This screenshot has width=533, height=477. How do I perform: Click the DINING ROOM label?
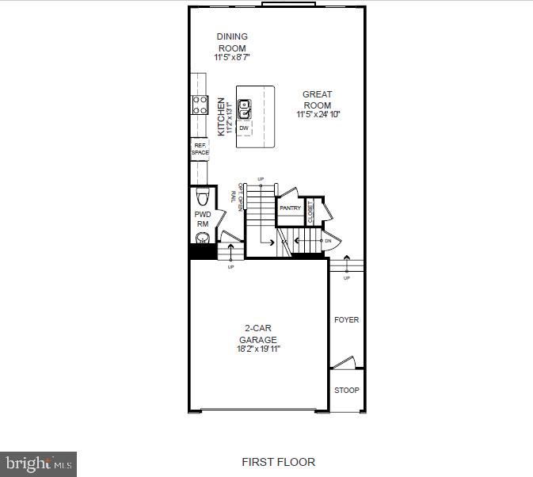click(231, 42)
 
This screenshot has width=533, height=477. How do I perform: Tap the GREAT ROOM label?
click(317, 99)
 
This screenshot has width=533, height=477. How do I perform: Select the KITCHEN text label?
click(222, 116)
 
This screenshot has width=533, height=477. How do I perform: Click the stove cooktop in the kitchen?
click(198, 105)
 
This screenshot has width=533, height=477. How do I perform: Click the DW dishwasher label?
click(243, 127)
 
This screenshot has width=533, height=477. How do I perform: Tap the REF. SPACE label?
click(199, 149)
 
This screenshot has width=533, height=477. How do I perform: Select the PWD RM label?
click(202, 219)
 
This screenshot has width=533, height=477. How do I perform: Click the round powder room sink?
click(201, 238)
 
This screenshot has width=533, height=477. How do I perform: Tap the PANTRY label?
click(290, 208)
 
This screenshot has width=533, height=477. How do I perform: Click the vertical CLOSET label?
click(310, 210)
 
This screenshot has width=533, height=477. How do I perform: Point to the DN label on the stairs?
click(327, 240)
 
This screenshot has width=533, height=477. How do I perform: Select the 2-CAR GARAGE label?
click(258, 334)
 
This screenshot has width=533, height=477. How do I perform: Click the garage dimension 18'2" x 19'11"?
click(258, 349)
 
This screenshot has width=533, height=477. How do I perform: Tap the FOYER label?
click(346, 320)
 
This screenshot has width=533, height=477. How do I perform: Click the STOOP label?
click(346, 391)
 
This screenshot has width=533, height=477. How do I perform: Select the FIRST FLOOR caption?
click(278, 462)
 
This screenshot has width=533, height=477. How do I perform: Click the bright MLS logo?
click(39, 463)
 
